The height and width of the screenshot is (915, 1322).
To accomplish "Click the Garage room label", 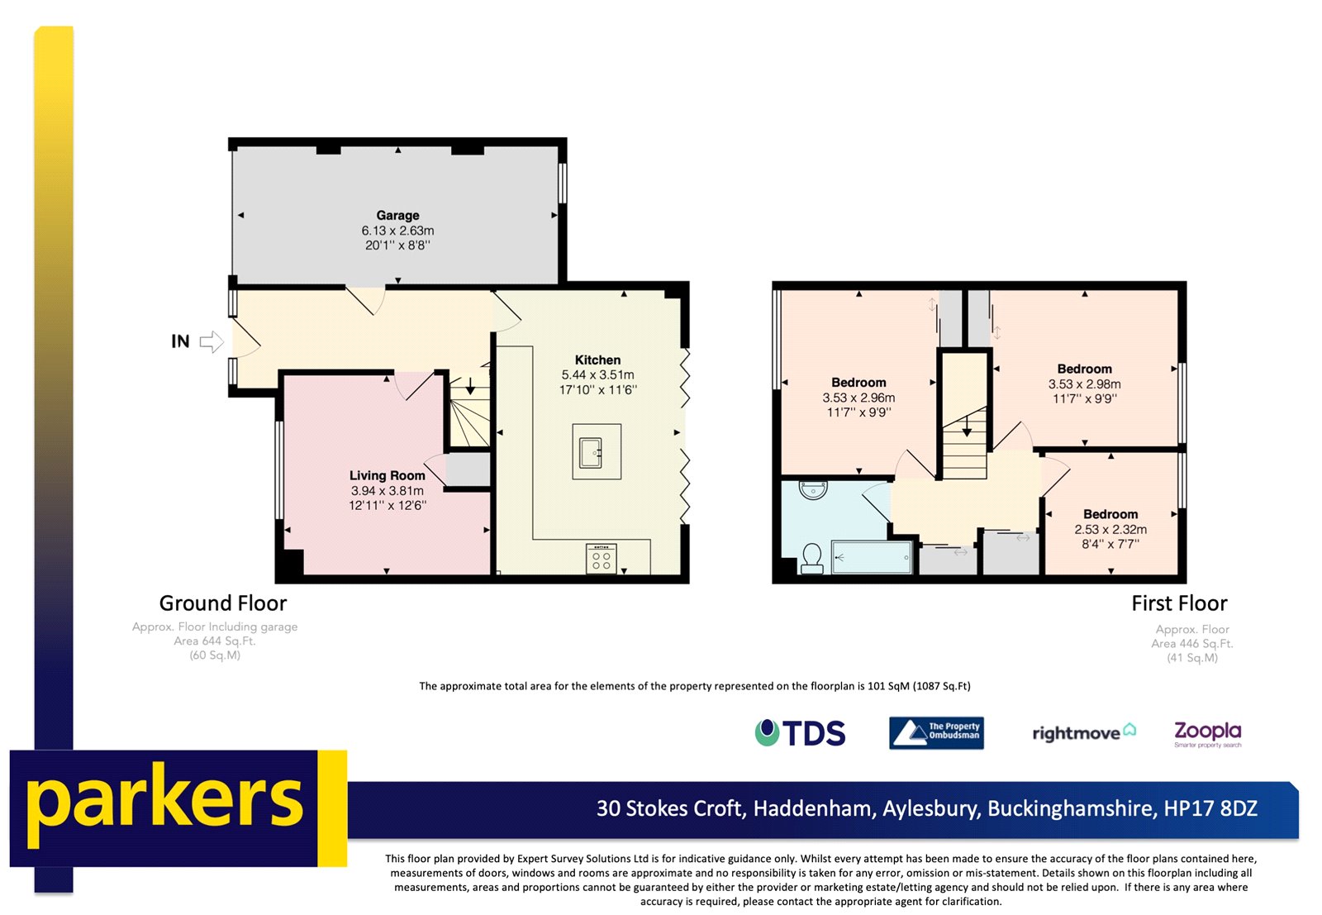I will point(397,215).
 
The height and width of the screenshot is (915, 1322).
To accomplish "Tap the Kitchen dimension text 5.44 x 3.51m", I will point(597,375).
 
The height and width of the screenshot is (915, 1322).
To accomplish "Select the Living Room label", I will point(387,475).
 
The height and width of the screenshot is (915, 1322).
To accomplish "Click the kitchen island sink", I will point(592,452).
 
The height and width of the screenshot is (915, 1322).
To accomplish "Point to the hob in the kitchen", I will point(601,559).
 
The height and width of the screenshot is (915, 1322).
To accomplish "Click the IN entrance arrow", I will point(212,341).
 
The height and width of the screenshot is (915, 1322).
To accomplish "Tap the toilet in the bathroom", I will point(811,559).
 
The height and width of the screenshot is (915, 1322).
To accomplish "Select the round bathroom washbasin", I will point(813,490).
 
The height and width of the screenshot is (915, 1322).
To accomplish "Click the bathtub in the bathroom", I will point(871,557).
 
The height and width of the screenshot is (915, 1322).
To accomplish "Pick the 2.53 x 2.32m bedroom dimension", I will point(1110,529).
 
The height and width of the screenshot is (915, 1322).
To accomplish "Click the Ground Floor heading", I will point(223,603).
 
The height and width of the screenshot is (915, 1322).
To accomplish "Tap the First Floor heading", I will point(1179,603).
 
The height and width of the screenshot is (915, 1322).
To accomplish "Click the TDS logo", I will point(801,733).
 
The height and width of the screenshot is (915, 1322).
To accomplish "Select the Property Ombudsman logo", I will point(936,732).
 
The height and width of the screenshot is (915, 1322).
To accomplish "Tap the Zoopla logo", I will point(1207,732).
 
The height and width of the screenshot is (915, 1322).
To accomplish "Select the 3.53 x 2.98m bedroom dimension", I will point(1084,384).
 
